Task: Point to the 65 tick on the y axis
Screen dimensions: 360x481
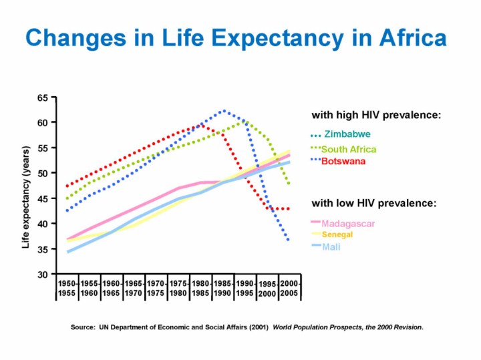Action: click(42, 98)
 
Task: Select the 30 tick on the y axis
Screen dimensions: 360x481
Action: click(42, 275)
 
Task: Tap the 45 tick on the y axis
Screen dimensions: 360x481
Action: click(42, 198)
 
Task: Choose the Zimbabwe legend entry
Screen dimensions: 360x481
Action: click(347, 134)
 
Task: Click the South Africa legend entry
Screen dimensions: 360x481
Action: click(348, 149)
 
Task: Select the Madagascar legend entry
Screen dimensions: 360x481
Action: click(347, 222)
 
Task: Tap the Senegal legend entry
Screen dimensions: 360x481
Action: click(337, 235)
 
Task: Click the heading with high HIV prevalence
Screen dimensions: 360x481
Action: click(376, 115)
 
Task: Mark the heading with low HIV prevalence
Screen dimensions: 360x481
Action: click(374, 202)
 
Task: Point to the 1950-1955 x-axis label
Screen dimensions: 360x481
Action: click(67, 289)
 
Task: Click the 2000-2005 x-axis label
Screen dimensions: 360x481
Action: click(289, 289)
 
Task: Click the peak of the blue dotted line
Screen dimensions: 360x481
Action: click(224, 111)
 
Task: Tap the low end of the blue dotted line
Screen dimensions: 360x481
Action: click(289, 240)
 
